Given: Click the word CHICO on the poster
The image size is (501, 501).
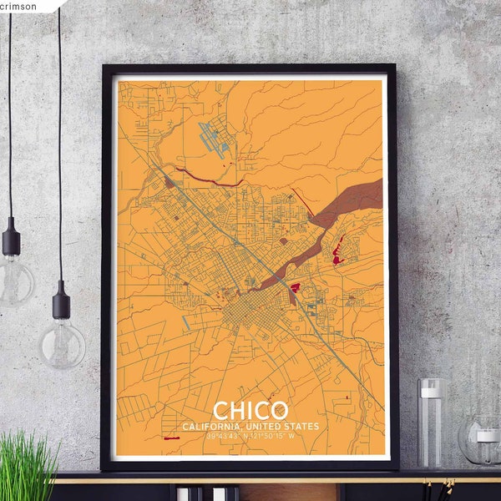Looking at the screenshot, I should pyautogui.click(x=250, y=411).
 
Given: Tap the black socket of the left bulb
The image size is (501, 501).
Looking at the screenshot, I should pyautogui.click(x=12, y=240).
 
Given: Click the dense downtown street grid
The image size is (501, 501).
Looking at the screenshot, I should pyautogui.click(x=246, y=313).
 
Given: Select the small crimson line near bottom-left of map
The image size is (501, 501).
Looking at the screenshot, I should pyautogui.click(x=177, y=437).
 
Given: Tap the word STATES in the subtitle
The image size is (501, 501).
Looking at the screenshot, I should pyautogui.click(x=302, y=428).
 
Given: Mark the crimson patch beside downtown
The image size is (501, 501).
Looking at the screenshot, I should pyautogui.click(x=295, y=288).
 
